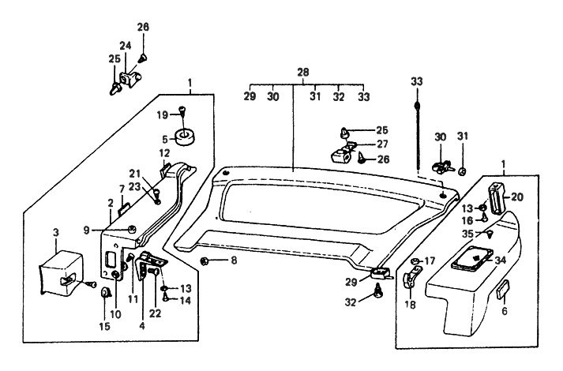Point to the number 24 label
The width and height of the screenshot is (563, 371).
tap(126, 45)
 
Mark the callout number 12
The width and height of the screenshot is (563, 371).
tap(164, 152)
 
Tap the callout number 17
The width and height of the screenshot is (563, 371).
tap(430, 260)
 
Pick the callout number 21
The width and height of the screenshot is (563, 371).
tap(135, 173)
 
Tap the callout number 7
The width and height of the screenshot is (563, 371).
tap(122, 189)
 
